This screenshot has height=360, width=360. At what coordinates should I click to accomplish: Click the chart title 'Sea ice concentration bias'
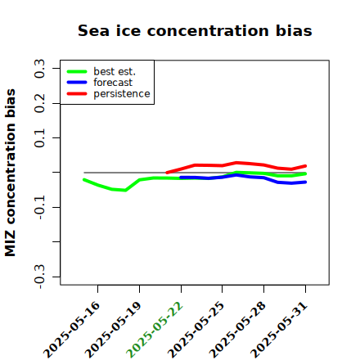[195, 30]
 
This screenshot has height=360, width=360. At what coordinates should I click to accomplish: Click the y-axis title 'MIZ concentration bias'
[10, 173]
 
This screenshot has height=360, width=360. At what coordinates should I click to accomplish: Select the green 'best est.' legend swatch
[77, 72]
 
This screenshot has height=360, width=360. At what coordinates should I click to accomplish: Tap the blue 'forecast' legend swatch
[77, 83]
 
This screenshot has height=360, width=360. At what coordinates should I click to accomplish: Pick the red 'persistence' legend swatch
[77, 94]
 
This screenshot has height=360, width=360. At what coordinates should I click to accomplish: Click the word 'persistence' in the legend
[122, 94]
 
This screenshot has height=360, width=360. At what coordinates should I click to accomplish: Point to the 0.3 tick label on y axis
[39, 68]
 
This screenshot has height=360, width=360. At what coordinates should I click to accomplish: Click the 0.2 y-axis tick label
[39, 103]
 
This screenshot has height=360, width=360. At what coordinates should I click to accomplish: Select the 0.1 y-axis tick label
[39, 138]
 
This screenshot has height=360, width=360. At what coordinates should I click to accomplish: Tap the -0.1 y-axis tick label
[39, 207]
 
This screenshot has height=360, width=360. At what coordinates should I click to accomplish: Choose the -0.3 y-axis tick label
[39, 277]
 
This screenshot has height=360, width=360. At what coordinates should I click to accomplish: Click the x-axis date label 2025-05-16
[72, 330]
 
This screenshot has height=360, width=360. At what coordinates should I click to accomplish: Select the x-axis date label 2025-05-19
[114, 330]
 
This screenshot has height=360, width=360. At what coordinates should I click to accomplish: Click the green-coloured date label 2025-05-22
[155, 330]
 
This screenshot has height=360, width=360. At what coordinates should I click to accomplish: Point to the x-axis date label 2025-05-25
[196, 330]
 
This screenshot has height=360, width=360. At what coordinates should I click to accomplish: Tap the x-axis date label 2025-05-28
[238, 330]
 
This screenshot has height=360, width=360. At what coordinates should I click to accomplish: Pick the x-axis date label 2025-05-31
[279, 330]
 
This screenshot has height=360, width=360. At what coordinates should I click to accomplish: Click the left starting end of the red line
[167, 173]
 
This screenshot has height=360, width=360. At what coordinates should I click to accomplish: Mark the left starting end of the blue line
[181, 178]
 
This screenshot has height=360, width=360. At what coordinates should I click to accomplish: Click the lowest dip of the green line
[125, 191]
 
